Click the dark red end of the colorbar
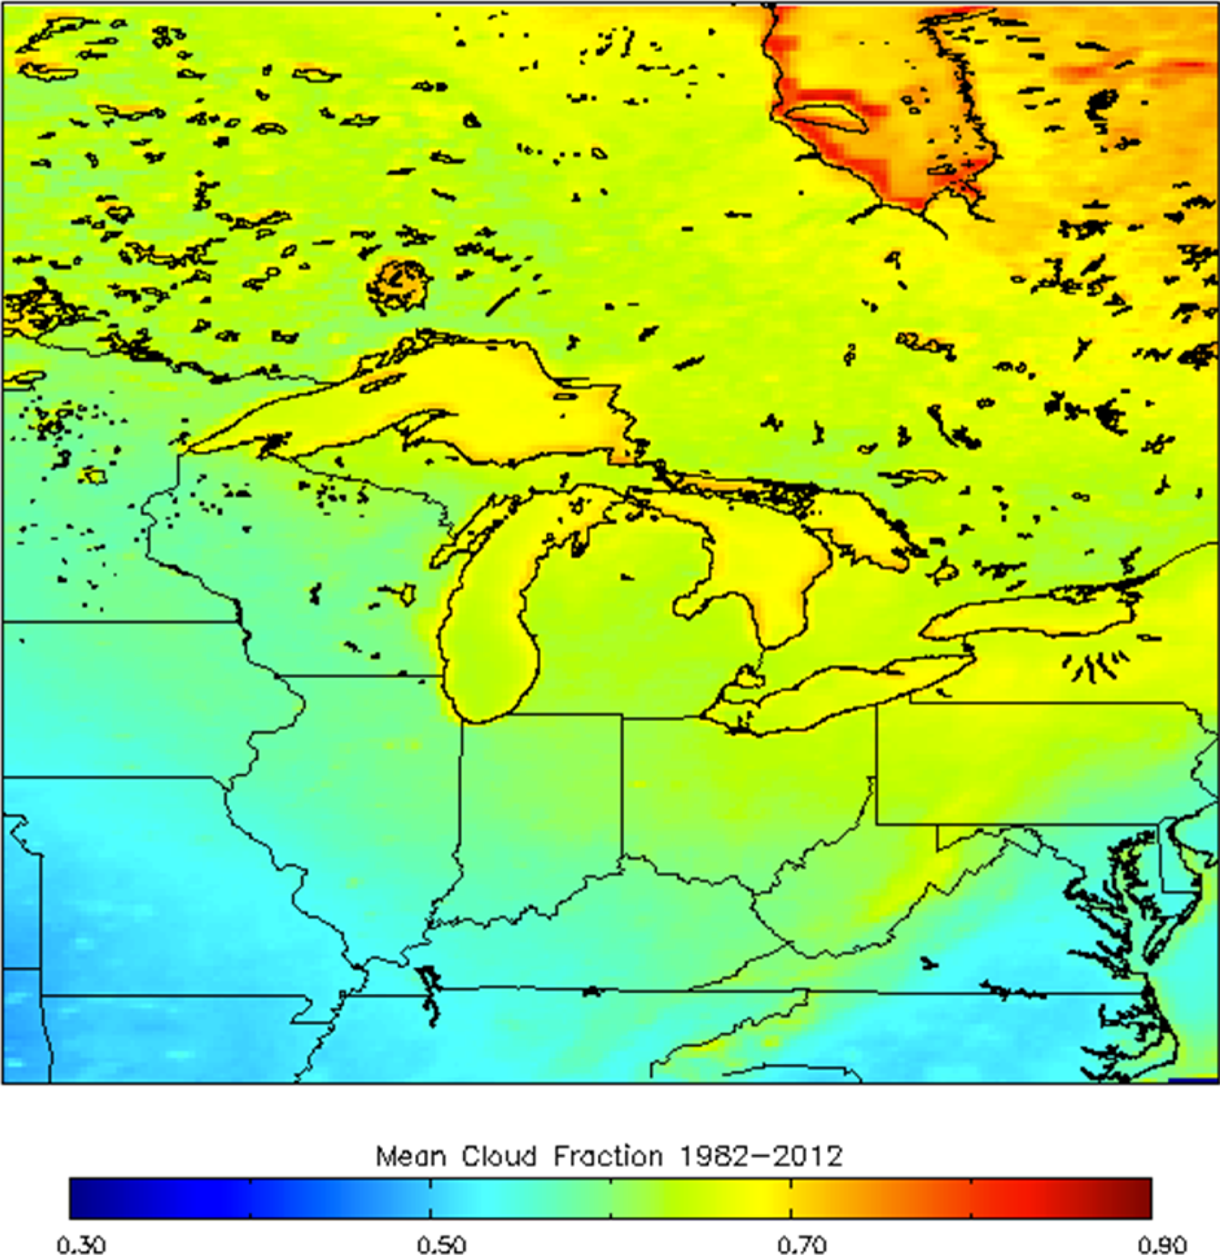coord(1144,1197)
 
